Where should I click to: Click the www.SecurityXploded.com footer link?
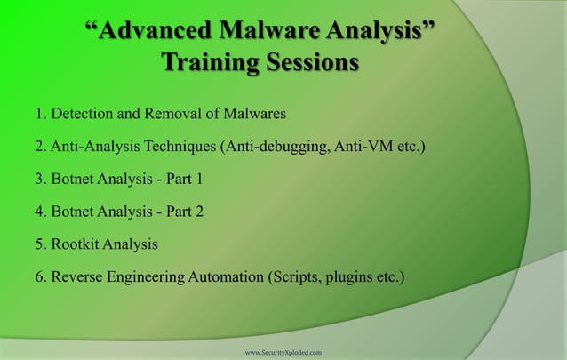[x=283, y=352]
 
